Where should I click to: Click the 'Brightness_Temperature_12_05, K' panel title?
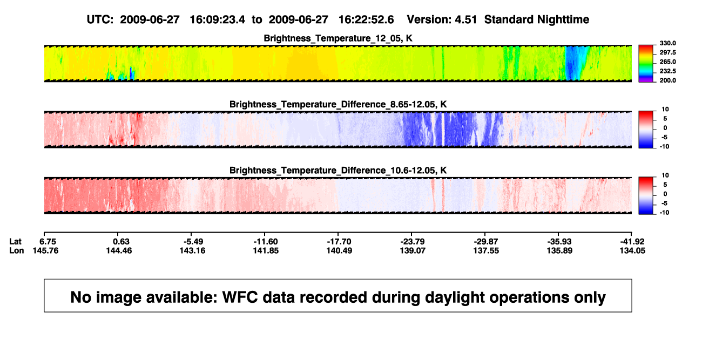tap(338, 38)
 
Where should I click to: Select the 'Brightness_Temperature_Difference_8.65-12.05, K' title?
tap(338, 104)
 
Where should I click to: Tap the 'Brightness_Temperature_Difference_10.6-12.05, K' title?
tap(338, 171)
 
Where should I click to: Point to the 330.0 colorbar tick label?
tap(667, 43)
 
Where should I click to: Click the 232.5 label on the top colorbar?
tap(667, 71)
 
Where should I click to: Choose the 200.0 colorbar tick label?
tap(667, 80)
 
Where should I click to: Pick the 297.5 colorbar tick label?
tap(667, 52)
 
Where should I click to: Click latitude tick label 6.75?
tap(48, 242)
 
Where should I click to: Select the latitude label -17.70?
tap(339, 242)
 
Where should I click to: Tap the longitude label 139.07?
tap(413, 250)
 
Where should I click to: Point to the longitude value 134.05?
tap(632, 250)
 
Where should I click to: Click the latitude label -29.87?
tap(486, 242)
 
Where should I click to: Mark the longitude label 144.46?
tap(119, 250)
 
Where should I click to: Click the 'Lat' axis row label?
tap(15, 242)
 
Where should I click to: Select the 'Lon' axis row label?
tap(16, 250)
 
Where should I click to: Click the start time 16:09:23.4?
tap(218, 20)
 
